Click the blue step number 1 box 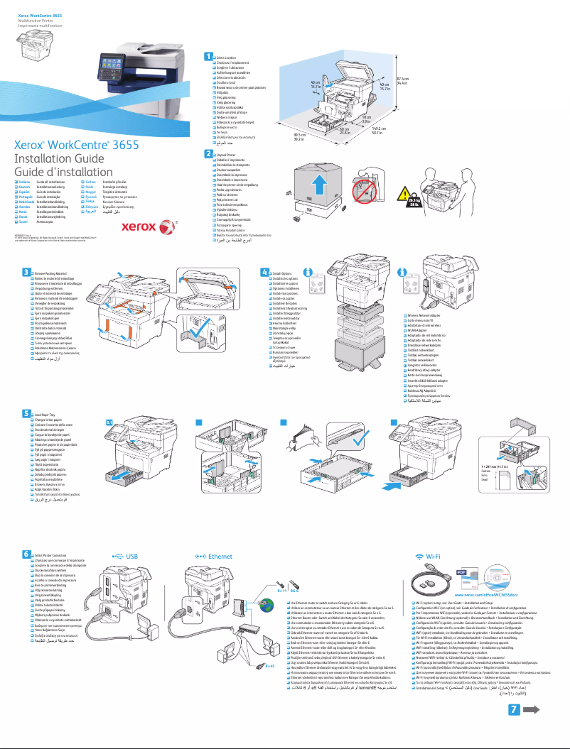tap(208, 56)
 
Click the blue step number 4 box tap(264, 272)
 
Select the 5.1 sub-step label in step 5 tap(109, 422)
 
